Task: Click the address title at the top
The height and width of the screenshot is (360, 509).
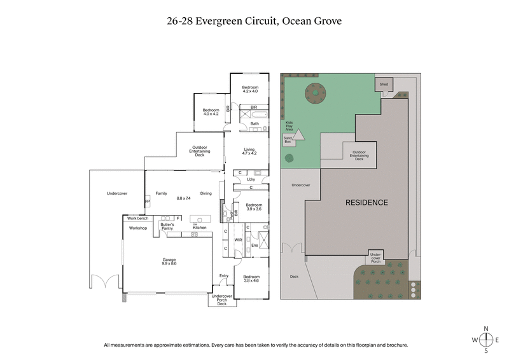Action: pos(254,21)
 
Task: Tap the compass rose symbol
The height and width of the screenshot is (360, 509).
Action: pos(487,340)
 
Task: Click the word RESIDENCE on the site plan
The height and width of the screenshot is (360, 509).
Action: pos(366,203)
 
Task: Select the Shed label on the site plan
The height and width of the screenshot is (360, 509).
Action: pos(384,84)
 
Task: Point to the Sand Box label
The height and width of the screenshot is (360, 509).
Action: pos(287,140)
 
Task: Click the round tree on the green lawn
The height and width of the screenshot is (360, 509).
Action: pos(314,93)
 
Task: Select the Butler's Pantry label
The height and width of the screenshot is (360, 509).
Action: pos(167,226)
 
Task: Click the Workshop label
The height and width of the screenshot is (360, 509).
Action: pos(138,228)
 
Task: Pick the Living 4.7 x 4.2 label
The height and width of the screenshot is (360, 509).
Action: pos(249,151)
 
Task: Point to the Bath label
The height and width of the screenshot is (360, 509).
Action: pos(254,123)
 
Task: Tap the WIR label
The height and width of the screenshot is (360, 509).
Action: pos(239,240)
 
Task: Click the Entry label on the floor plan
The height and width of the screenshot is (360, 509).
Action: pos(223,275)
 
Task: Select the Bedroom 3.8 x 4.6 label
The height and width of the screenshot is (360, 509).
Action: pos(251,279)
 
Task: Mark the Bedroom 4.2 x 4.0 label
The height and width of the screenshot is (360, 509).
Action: pos(250,89)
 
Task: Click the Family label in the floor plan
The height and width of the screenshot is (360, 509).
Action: pos(161,193)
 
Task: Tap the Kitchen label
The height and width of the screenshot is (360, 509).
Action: pos(199,227)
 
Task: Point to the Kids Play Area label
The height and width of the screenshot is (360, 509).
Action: pos(289,125)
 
